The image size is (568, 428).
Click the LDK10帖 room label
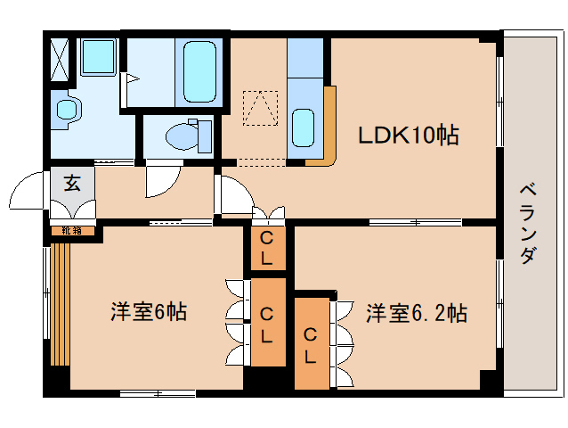[x=409, y=135]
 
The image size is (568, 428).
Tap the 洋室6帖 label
[x=149, y=312]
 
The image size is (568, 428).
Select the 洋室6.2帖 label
[x=417, y=313]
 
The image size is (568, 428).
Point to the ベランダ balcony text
[x=528, y=224]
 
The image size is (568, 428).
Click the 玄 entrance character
[x=72, y=183]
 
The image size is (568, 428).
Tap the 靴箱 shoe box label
[x=72, y=230]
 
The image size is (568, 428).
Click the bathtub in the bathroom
[x=199, y=71]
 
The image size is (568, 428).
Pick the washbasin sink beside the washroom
[x=66, y=109]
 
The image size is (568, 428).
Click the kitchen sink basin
[x=303, y=128]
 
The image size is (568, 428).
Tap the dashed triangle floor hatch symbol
[x=261, y=108]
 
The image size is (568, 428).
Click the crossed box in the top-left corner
[x=60, y=59]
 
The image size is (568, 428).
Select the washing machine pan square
[x=98, y=56]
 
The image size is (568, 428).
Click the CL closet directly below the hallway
[x=267, y=248]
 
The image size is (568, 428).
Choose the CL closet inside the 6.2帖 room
[x=311, y=343]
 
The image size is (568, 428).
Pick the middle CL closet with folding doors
[x=267, y=322]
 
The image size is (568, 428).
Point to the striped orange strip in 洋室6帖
[x=61, y=304]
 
